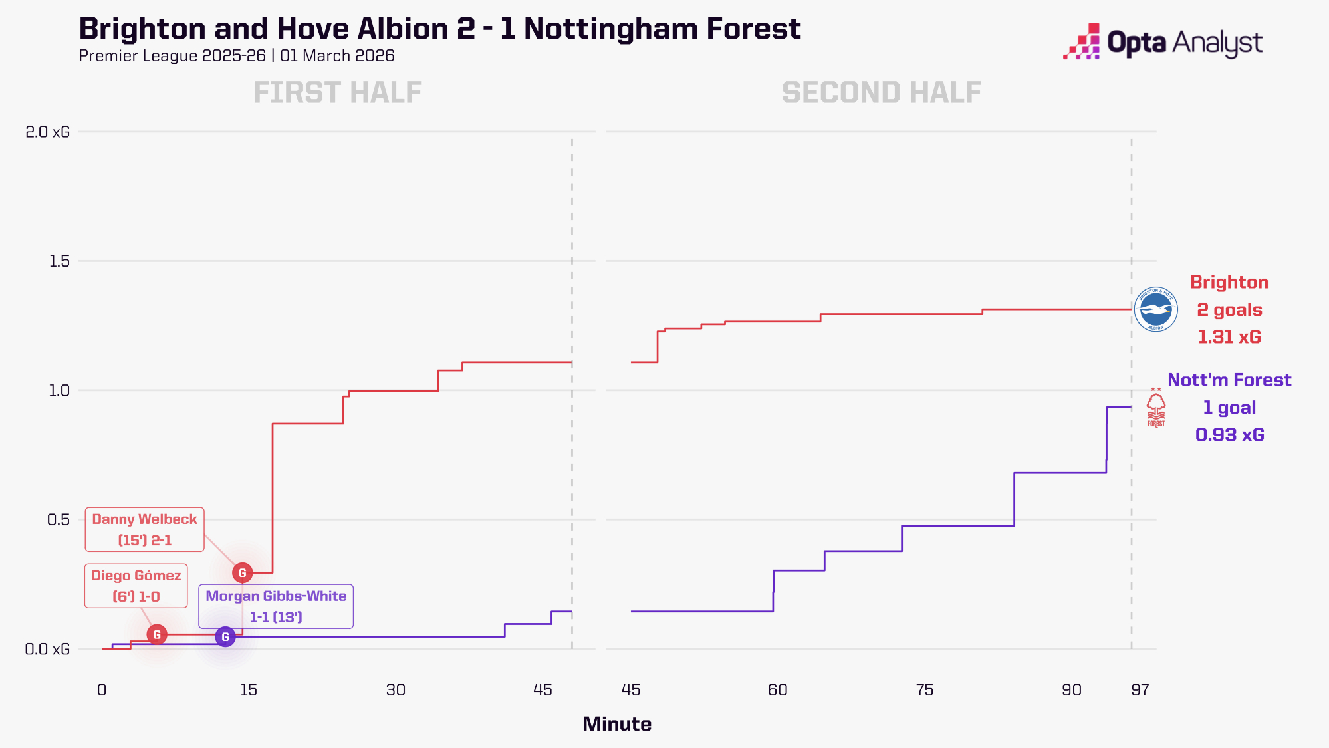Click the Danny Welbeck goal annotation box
click(144, 529)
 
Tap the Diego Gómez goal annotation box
click(136, 586)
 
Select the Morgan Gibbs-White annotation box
click(276, 606)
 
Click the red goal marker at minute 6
click(157, 634)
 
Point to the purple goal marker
click(225, 637)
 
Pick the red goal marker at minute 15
click(242, 572)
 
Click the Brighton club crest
click(1155, 309)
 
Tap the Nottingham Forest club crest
click(1156, 407)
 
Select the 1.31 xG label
click(1229, 337)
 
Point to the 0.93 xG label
click(1229, 435)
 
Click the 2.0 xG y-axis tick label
click(47, 132)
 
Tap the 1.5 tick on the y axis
click(59, 261)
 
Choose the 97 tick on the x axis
click(1140, 690)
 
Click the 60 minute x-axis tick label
click(777, 690)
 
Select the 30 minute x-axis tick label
click(396, 690)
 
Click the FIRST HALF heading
click(337, 92)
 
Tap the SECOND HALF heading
click(881, 92)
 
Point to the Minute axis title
click(617, 724)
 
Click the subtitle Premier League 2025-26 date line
click(237, 56)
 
